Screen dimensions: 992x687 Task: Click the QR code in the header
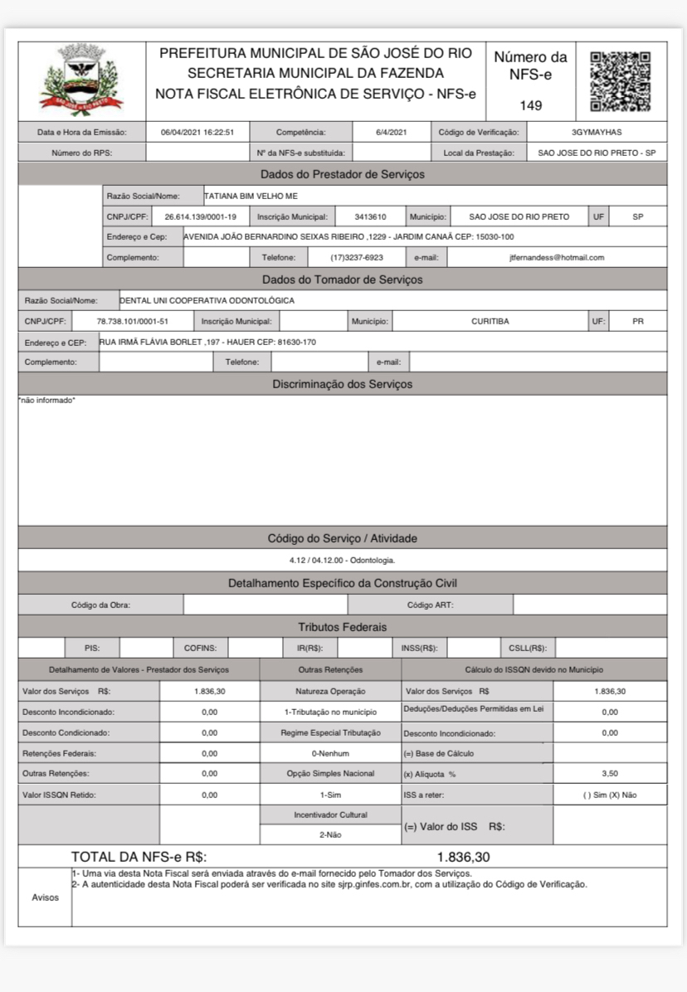[x=620, y=81]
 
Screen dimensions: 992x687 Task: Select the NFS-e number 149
[x=531, y=105]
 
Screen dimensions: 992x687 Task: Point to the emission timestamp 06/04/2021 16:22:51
[x=197, y=132]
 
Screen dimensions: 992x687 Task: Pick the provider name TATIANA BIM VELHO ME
[x=251, y=196]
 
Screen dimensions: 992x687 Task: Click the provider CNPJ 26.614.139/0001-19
[x=200, y=216]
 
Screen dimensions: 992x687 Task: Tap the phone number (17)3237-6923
[x=356, y=257]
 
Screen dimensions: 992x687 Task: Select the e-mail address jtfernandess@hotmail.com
[x=556, y=257]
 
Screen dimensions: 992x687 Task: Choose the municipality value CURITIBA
[x=490, y=321]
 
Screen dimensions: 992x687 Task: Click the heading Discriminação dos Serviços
[x=342, y=384]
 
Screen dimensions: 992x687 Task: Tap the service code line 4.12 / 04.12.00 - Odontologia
[x=342, y=560]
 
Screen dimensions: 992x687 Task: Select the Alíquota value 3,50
[x=610, y=773]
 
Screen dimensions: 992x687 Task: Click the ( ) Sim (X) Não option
[x=610, y=795]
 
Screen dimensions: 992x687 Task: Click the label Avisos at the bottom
[x=45, y=897]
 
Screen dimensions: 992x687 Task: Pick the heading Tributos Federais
[x=342, y=627]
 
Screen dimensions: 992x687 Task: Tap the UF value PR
[x=637, y=321]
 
